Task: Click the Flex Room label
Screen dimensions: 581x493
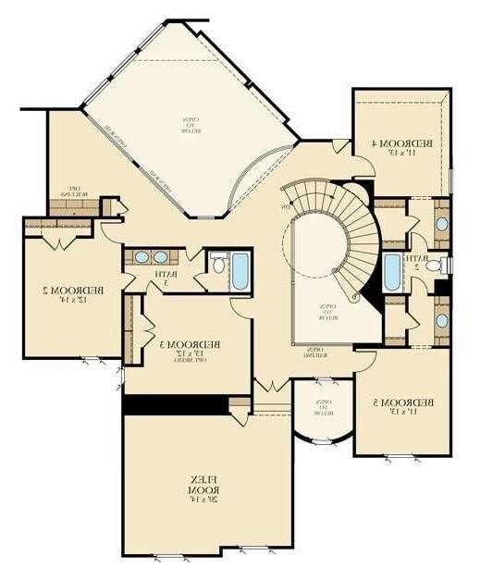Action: pos(202,482)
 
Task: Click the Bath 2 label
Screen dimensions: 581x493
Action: pos(418,263)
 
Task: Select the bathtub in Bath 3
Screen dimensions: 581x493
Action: pos(240,270)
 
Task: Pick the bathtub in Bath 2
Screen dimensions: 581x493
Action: pos(390,271)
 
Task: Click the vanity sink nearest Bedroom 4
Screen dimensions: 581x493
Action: pos(441,224)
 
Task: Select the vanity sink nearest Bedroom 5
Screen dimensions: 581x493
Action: pos(441,320)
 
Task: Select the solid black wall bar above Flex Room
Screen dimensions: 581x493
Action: pos(176,405)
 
